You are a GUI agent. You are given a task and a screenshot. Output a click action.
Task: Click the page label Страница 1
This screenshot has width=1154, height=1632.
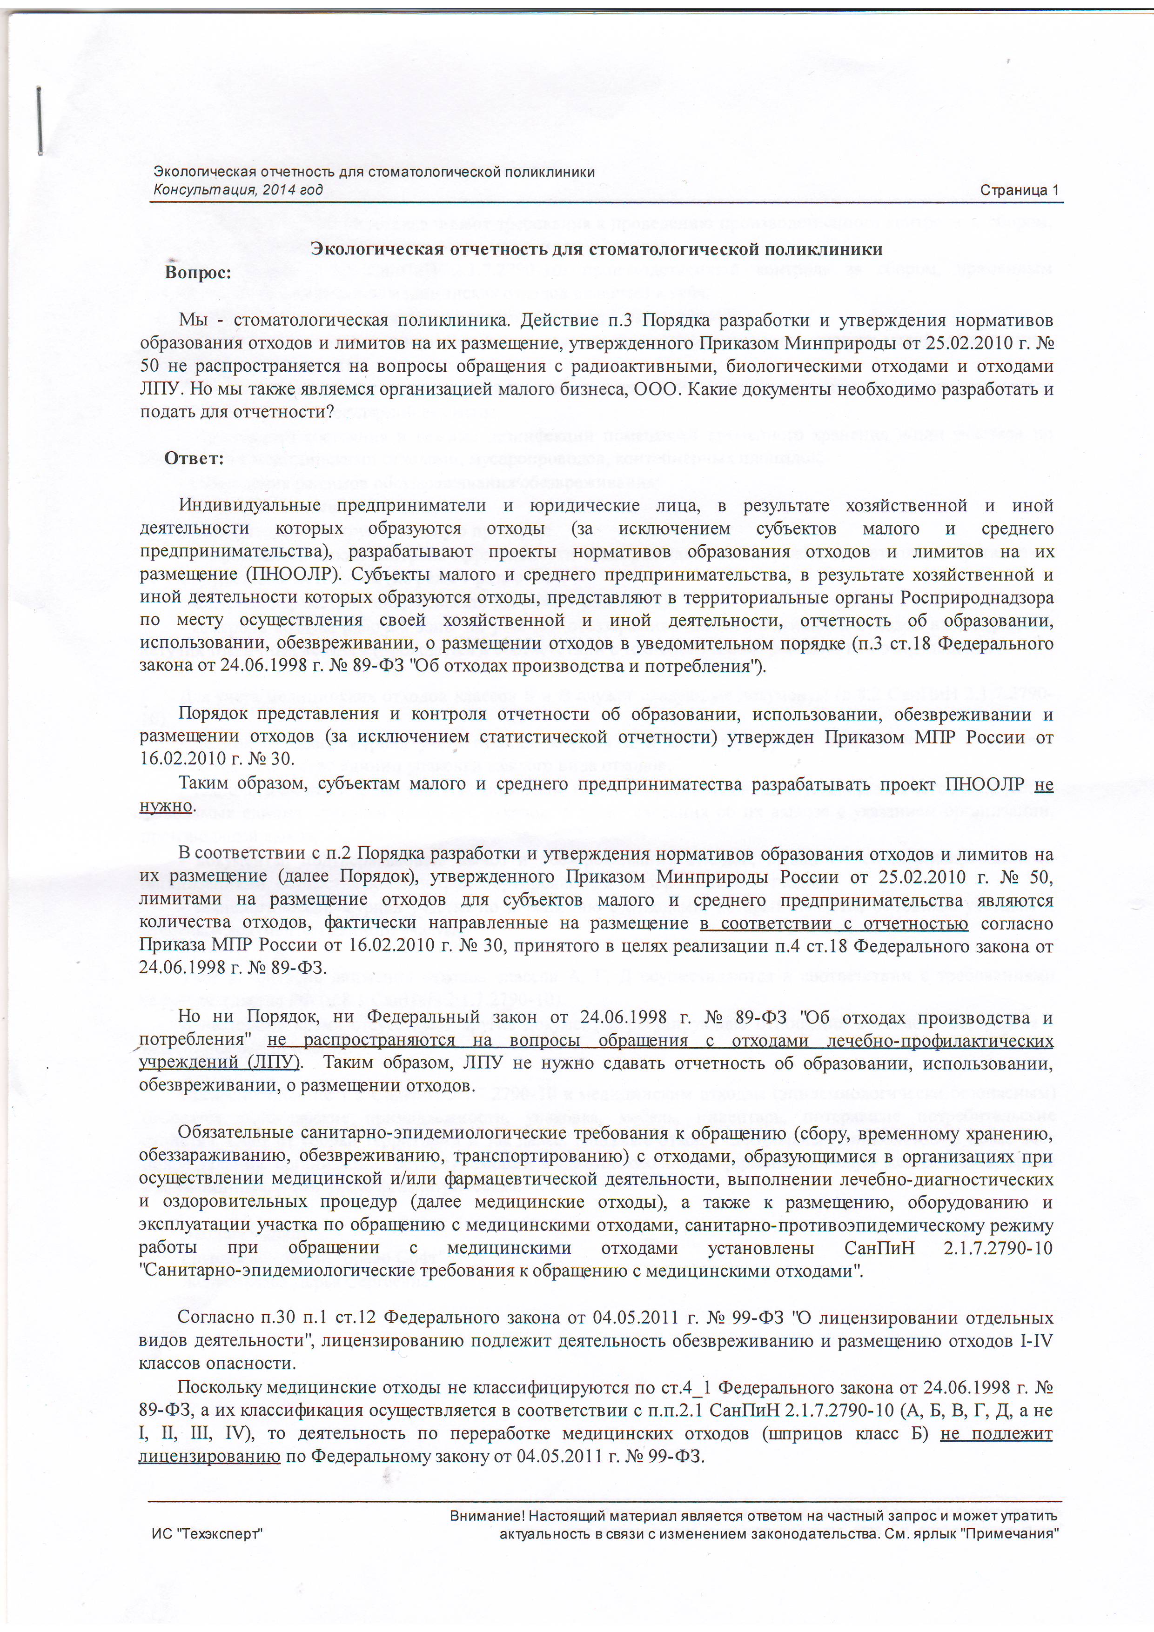(x=1019, y=190)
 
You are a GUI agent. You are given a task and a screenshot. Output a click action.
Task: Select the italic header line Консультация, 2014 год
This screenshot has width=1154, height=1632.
(x=238, y=190)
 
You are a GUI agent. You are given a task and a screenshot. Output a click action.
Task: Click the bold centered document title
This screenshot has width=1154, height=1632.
(x=597, y=249)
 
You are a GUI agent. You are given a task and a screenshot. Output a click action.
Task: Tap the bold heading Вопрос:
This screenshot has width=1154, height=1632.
(x=198, y=273)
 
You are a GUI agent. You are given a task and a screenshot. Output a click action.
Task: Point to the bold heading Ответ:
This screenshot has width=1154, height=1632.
(x=194, y=458)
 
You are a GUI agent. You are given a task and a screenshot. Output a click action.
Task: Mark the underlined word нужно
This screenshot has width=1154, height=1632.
(x=166, y=806)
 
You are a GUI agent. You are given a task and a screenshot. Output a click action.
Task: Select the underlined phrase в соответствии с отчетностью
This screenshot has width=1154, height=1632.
(x=833, y=923)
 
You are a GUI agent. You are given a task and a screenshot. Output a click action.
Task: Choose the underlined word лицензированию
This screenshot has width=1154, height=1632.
(x=209, y=1457)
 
